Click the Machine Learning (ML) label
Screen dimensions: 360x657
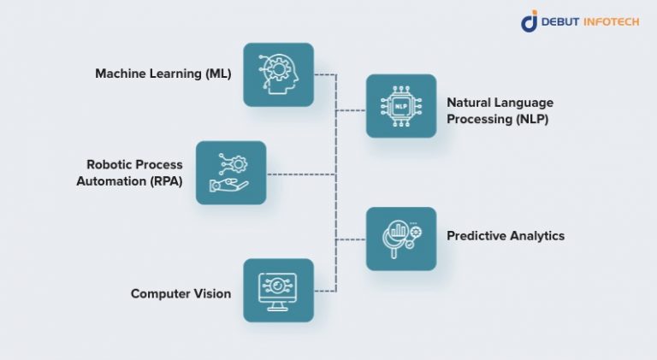163,74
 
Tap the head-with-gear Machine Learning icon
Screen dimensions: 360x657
278,74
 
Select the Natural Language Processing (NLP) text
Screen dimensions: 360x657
497,110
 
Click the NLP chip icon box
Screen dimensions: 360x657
401,106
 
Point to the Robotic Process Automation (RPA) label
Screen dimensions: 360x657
134,172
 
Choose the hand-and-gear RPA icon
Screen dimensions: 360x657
231,173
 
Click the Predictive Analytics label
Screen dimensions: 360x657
506,235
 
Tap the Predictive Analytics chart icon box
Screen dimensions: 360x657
401,239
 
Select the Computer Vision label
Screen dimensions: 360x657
181,293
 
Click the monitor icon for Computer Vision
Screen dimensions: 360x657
278,290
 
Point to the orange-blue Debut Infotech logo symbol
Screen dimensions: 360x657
530,21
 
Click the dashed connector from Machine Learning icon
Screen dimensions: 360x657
325,74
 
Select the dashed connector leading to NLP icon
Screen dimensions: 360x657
351,110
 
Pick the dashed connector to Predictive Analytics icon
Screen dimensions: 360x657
351,239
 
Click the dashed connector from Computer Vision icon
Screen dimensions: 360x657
325,291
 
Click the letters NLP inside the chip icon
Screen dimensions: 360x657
401,106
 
